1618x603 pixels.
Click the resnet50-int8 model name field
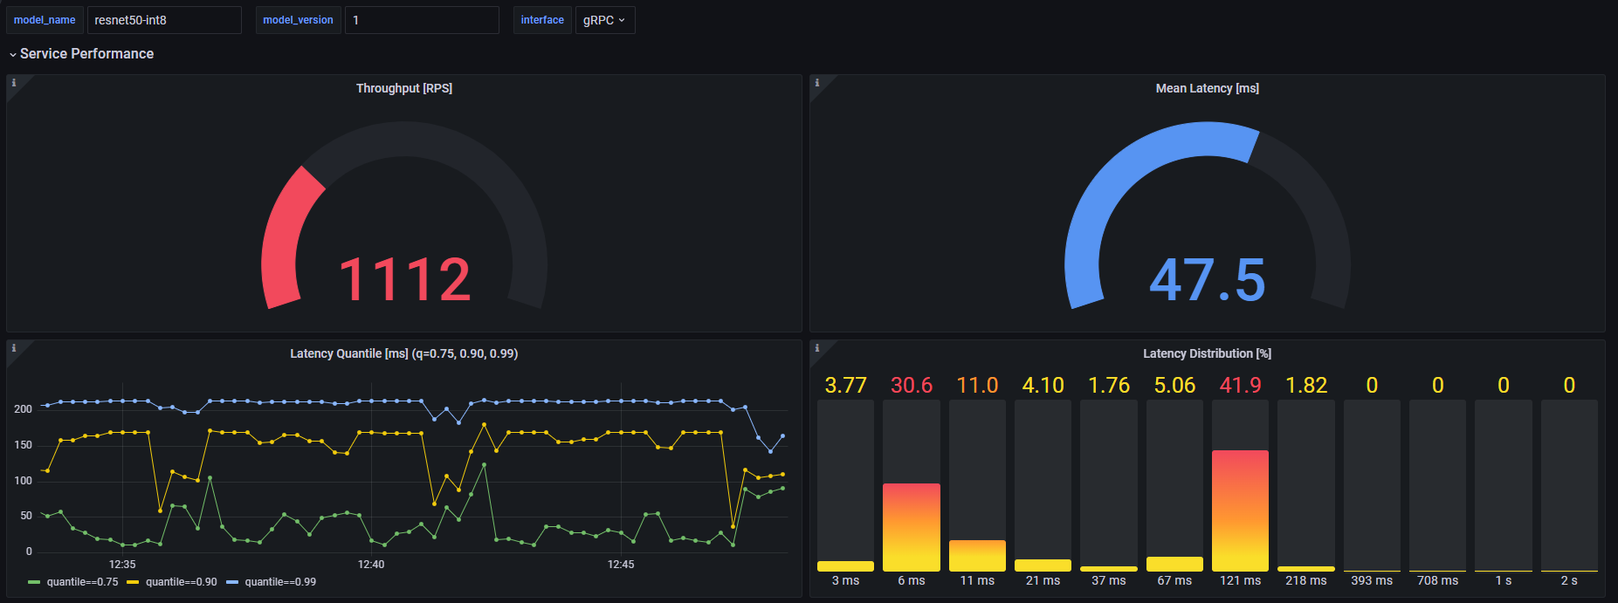click(x=163, y=20)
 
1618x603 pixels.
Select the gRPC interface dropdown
click(x=604, y=20)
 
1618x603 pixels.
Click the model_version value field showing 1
click(x=421, y=20)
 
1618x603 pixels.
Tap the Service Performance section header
click(x=86, y=54)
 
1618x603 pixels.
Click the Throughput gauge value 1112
click(x=404, y=280)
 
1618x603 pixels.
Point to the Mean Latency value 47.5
click(x=1207, y=280)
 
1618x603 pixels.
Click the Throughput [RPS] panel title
click(x=404, y=88)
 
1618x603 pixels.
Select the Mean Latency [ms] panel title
click(x=1207, y=88)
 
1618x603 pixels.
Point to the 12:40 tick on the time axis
click(x=371, y=565)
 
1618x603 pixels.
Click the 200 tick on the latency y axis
click(x=24, y=409)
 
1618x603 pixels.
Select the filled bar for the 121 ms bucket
click(x=1240, y=510)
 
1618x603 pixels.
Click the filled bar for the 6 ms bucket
click(x=911, y=527)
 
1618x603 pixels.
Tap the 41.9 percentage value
click(x=1240, y=386)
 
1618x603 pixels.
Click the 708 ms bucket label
click(x=1437, y=580)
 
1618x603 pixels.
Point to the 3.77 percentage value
click(x=845, y=386)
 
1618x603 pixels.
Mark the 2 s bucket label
click(x=1569, y=580)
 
